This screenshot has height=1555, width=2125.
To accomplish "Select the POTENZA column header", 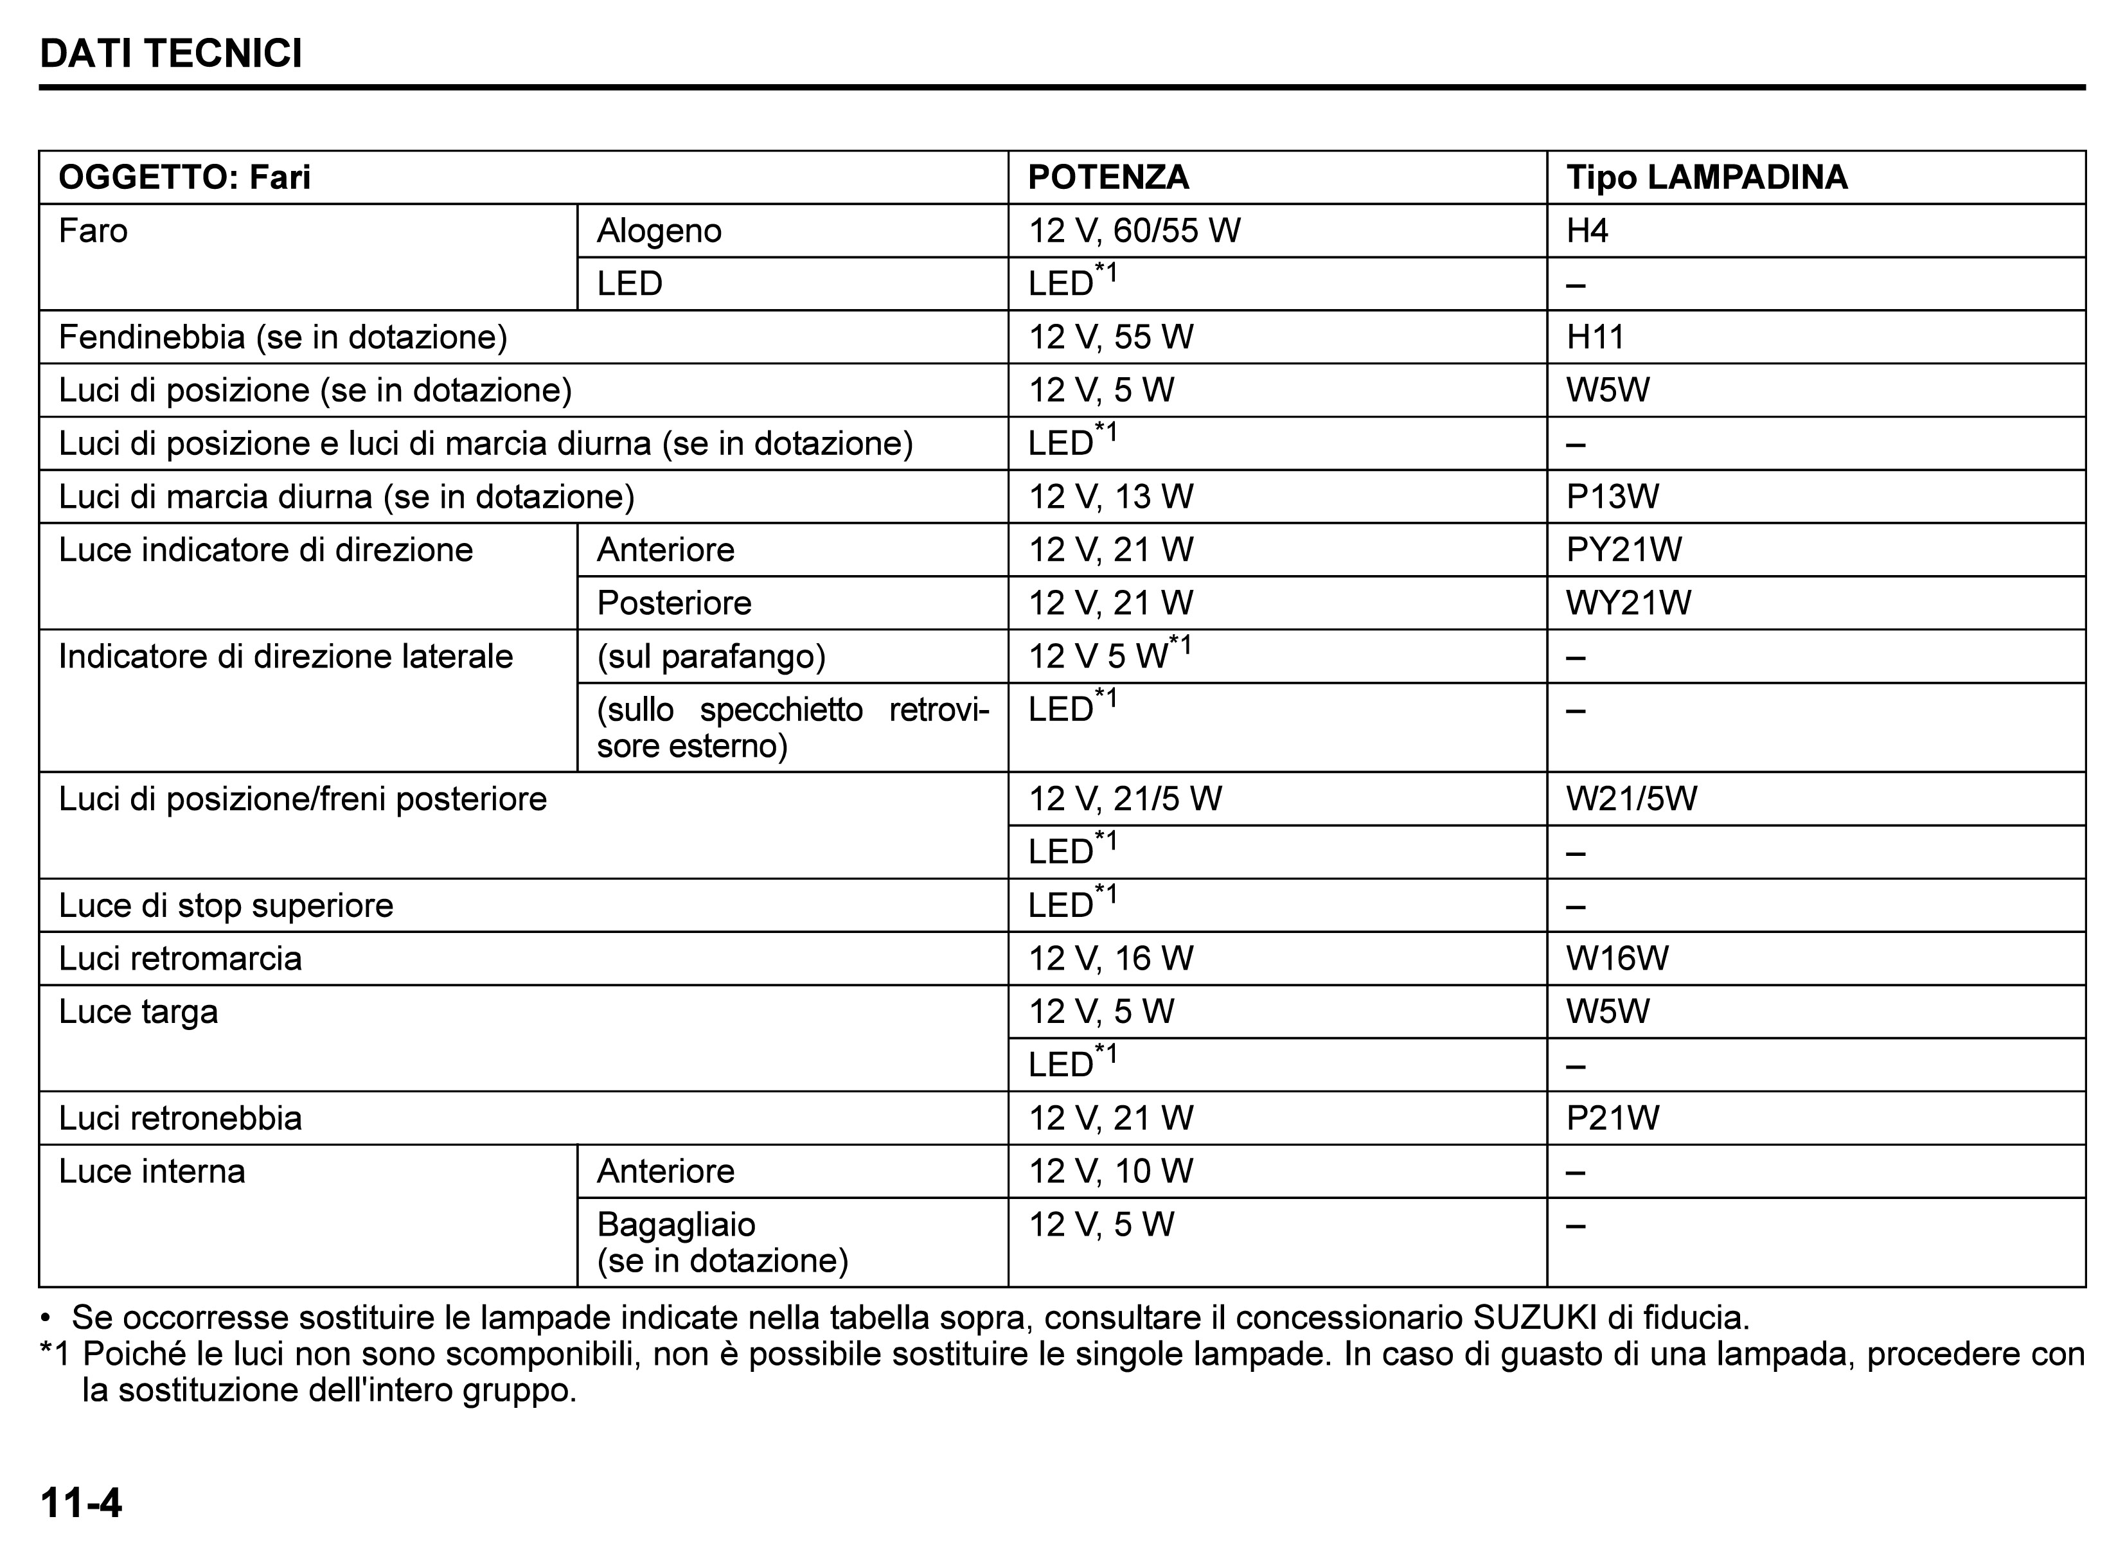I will [x=1108, y=177].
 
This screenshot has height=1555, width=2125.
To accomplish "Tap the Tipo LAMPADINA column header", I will [x=1706, y=177].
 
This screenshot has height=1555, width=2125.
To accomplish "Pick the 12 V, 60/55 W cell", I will [x=1134, y=231].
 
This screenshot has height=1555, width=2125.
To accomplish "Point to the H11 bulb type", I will [x=1595, y=337].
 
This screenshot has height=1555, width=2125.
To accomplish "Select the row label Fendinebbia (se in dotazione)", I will [x=282, y=337].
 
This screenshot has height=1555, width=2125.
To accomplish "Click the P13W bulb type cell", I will [x=1612, y=496].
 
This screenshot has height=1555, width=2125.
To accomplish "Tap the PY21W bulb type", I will [x=1623, y=549].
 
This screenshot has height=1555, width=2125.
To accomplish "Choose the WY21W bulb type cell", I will [x=1628, y=603].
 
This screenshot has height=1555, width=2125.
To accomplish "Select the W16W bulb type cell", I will [x=1617, y=958].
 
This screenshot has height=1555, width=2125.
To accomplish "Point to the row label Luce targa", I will [x=138, y=1012].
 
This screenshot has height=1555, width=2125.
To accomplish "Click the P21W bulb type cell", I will [x=1612, y=1118].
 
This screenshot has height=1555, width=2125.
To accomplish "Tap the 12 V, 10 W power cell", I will [x=1110, y=1171].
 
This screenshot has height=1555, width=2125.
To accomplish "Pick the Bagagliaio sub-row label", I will [x=676, y=1225].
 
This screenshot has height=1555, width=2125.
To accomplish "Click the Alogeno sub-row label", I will [x=659, y=231].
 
